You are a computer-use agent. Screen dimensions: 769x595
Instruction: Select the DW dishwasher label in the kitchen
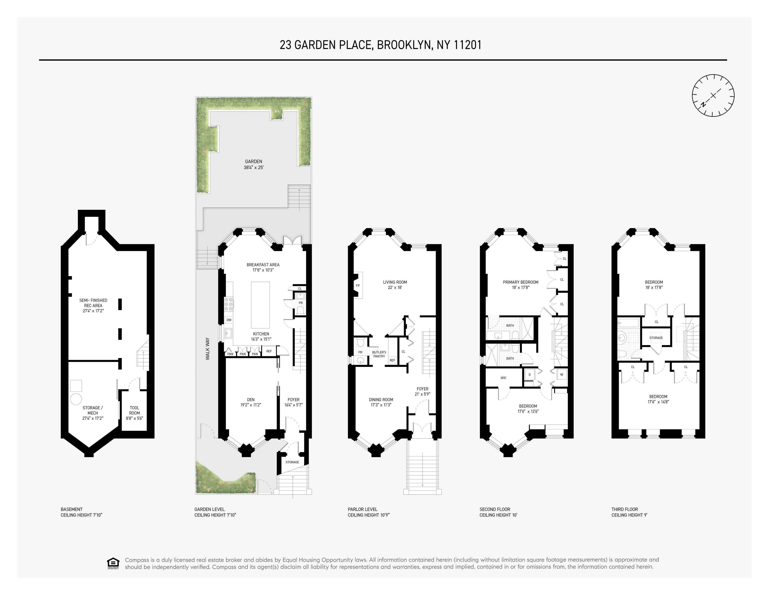tap(229, 320)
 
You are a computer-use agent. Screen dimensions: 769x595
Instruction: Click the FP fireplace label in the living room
tap(358, 285)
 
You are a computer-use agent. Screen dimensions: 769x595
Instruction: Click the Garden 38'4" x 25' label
tap(254, 165)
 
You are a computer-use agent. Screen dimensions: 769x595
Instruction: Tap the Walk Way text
tap(208, 349)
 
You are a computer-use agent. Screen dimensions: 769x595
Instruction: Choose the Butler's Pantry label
tap(379, 354)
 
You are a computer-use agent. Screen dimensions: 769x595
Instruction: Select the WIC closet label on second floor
tap(503, 378)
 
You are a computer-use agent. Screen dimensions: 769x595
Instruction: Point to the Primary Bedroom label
tap(520, 285)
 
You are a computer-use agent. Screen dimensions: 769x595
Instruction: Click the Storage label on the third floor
tap(656, 338)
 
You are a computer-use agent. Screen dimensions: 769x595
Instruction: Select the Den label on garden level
tap(251, 402)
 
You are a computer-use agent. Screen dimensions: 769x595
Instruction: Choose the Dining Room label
tap(381, 402)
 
